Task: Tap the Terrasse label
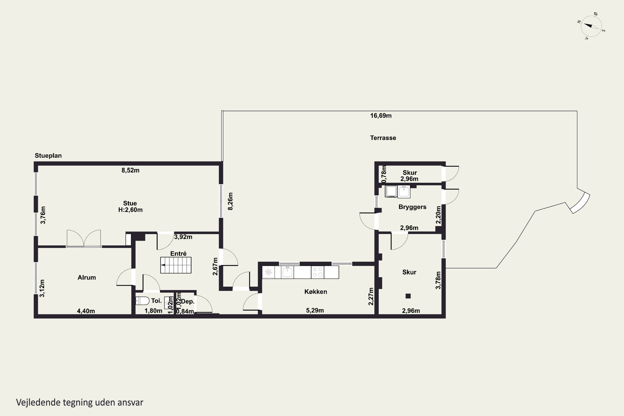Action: [x=383, y=138]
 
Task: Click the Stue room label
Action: [x=130, y=203]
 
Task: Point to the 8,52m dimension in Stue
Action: [x=130, y=170]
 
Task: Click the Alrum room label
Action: [x=87, y=277]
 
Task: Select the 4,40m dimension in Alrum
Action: [x=86, y=311]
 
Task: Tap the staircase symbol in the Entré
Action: [x=176, y=265]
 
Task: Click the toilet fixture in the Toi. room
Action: [x=142, y=301]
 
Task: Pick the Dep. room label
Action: [x=188, y=302]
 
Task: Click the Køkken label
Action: [x=316, y=292]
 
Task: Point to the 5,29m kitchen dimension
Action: [x=315, y=310]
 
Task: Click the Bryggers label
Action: [x=412, y=207]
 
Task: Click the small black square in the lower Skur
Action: [x=408, y=296]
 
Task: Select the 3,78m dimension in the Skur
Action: [x=438, y=280]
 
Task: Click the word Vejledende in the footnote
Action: [x=38, y=402]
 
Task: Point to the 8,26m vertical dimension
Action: [x=230, y=201]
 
